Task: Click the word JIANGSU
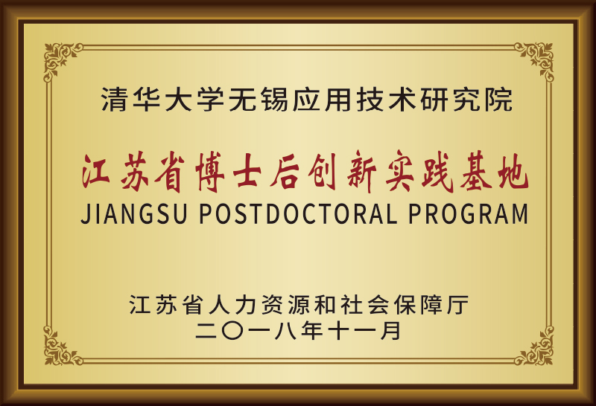point(134,213)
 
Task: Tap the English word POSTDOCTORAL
point(299,213)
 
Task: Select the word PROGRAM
point(469,213)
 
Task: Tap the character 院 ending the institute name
point(498,100)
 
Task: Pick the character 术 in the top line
point(402,100)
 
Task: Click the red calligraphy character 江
point(96,172)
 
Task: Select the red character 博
point(209,172)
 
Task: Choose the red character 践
point(437,172)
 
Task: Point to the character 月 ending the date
point(390,330)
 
